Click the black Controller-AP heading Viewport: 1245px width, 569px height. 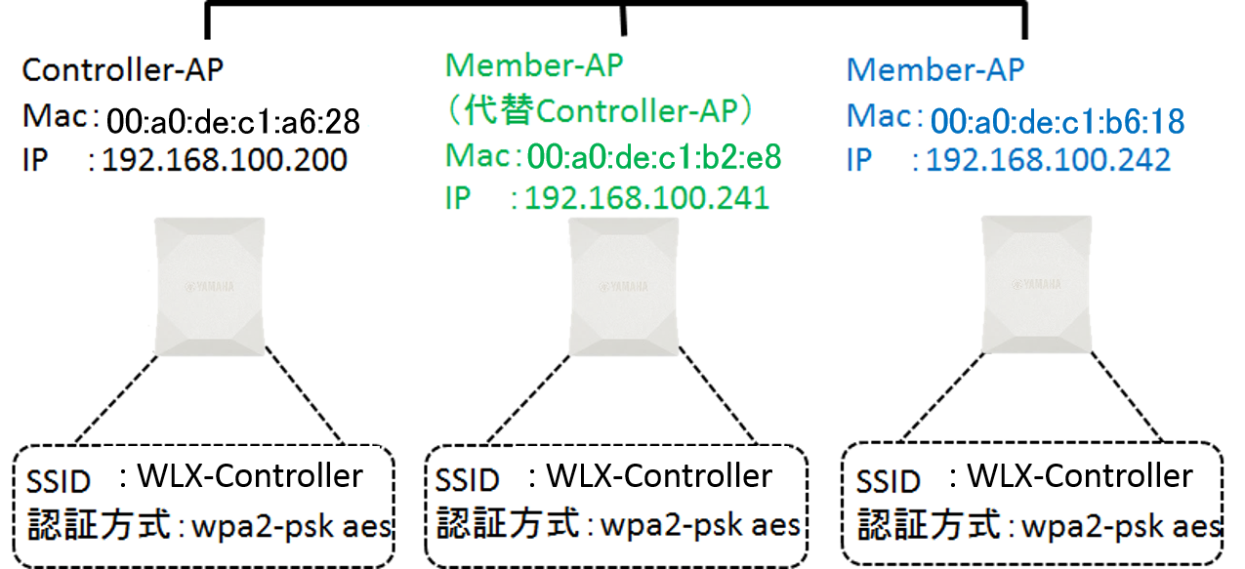click(123, 70)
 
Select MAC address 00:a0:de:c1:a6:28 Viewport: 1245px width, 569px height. click(233, 121)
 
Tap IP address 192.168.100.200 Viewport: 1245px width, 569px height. click(225, 159)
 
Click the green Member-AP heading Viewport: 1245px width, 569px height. click(534, 65)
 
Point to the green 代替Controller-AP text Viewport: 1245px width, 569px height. click(600, 111)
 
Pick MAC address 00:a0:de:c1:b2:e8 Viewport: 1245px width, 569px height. click(654, 156)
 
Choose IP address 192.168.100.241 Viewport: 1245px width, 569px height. click(646, 198)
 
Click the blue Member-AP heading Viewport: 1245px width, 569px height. click(935, 70)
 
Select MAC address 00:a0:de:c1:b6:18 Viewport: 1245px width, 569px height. click(1057, 121)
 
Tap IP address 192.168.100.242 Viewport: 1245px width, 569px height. click(1048, 159)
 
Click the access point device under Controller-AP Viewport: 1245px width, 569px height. click(209, 286)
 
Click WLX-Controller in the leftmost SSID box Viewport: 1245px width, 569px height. click(250, 476)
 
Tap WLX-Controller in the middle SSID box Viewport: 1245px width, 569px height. click(659, 476)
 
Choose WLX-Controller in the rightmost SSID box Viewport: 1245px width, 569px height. click(1079, 476)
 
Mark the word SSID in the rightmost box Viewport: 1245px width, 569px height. click(889, 481)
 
